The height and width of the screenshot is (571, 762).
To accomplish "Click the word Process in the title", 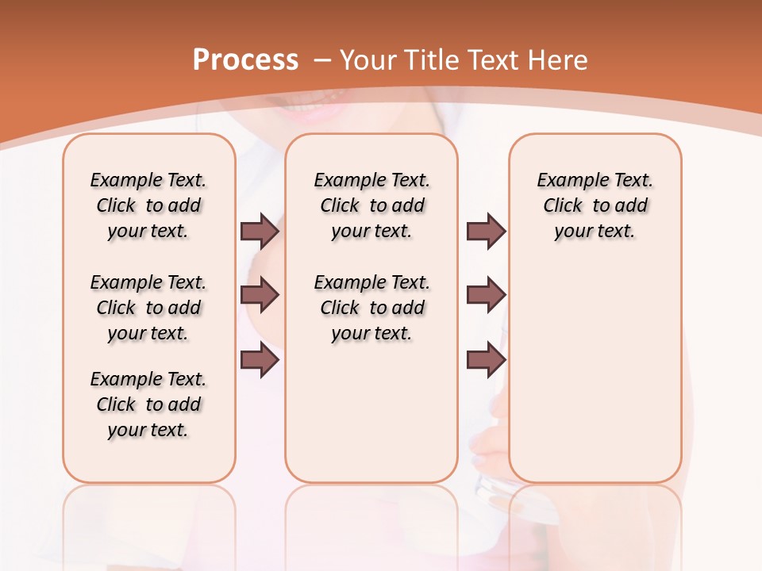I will click(245, 60).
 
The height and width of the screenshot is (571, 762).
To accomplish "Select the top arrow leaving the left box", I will click(260, 231).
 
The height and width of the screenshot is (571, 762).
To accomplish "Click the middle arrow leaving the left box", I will click(260, 295).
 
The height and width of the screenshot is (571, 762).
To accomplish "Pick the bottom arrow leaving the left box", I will click(260, 360).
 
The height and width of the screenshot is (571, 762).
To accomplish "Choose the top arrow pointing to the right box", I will click(486, 231).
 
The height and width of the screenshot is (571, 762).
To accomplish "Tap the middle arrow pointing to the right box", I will click(486, 295).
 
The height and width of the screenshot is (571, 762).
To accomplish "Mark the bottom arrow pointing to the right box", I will click(486, 360).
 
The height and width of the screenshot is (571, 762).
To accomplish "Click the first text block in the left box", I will click(148, 205).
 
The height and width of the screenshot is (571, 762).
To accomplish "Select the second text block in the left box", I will click(148, 308).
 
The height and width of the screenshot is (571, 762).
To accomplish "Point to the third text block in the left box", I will click(148, 404).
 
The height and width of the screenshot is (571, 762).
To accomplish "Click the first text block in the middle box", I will click(371, 205).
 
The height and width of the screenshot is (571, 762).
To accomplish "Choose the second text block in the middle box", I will click(371, 308).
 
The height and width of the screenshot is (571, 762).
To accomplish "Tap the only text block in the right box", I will click(595, 205).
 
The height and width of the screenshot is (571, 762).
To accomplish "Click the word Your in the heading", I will click(367, 60).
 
